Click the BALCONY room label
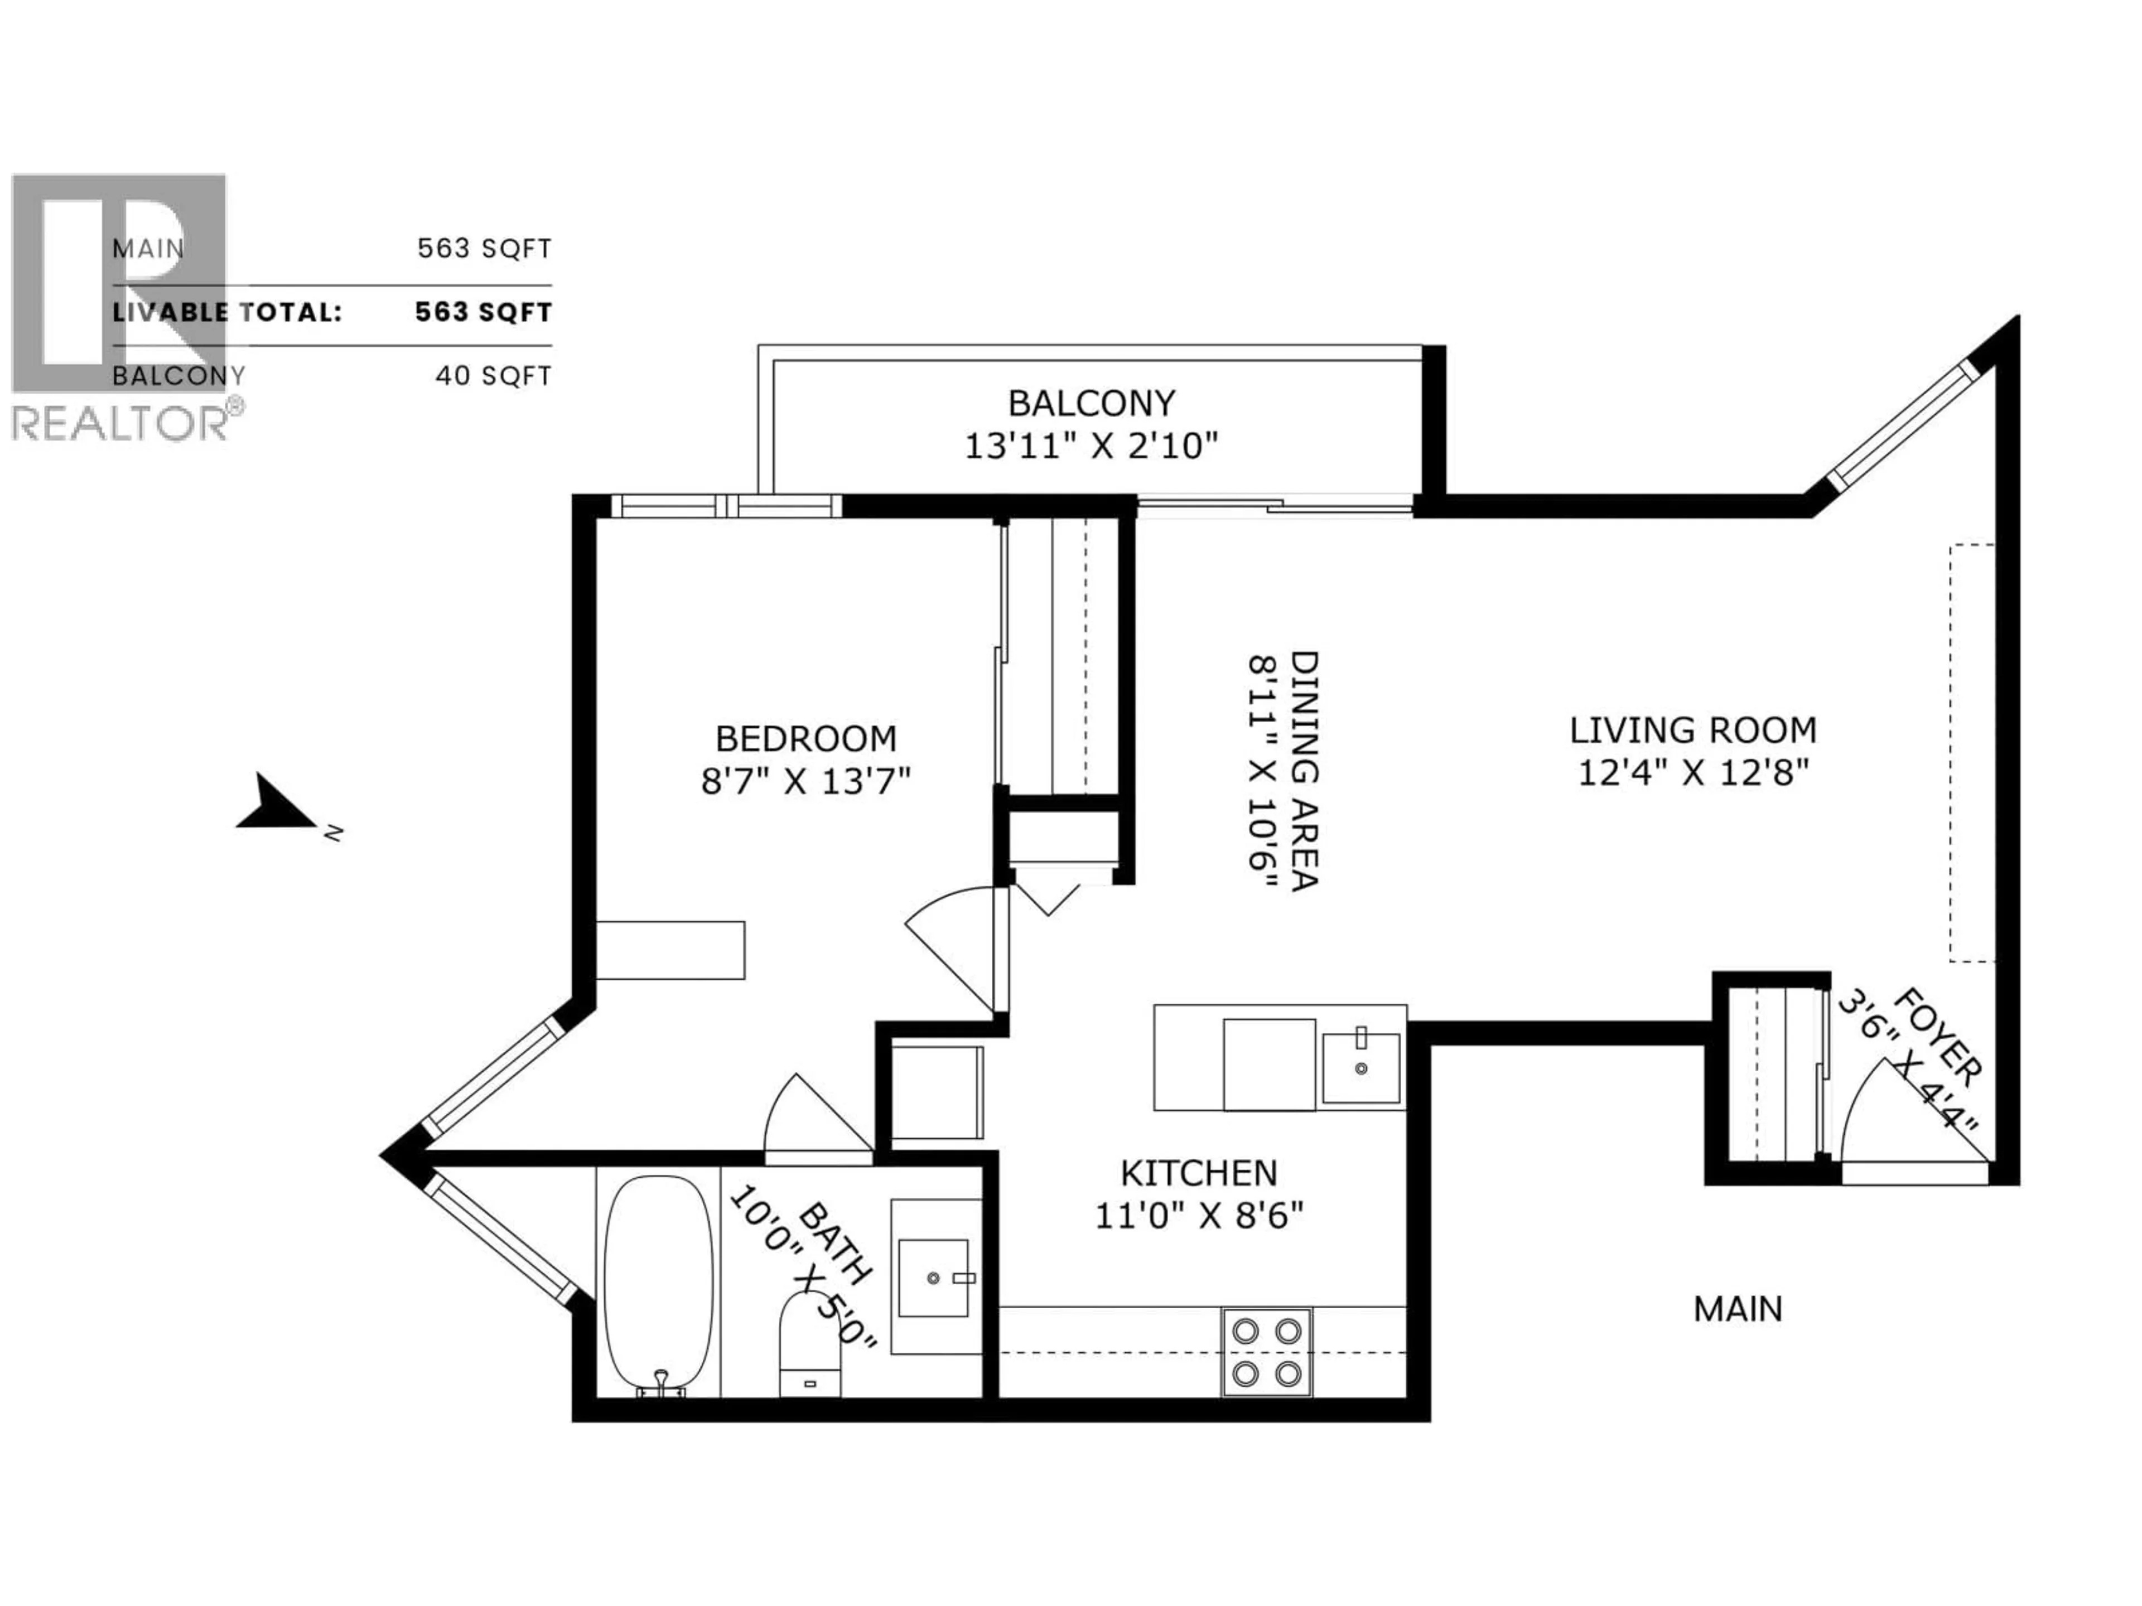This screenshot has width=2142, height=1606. (x=1091, y=403)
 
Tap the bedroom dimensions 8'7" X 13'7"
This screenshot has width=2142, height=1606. (x=805, y=780)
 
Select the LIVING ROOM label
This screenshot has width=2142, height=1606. (x=1693, y=730)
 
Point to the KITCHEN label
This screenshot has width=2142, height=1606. (x=1199, y=1173)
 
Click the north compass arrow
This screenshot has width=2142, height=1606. (x=277, y=805)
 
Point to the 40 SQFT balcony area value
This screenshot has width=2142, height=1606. (x=493, y=376)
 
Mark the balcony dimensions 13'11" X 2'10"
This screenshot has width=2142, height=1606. (x=1091, y=446)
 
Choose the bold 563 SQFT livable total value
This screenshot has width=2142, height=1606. (x=483, y=313)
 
